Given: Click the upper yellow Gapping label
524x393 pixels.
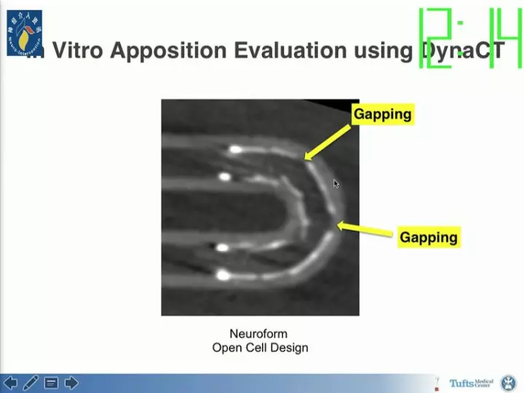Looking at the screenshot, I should [x=382, y=114].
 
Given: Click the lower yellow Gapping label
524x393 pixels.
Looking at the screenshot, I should [x=428, y=237].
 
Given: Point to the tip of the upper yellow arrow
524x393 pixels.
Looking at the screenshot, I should [x=306, y=158].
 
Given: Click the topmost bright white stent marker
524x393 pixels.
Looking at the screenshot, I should [x=234, y=150].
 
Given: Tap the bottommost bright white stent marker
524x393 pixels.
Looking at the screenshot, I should [x=223, y=275].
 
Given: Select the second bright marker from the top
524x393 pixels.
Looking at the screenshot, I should [x=225, y=177].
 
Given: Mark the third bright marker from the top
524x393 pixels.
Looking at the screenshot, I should [x=222, y=248].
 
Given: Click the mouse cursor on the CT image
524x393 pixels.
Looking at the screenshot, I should [x=336, y=184].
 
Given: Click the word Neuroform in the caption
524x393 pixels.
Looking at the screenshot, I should [x=258, y=334].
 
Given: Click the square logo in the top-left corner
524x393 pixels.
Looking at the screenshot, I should [x=24, y=33].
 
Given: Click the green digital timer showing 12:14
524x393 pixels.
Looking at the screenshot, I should [x=469, y=38].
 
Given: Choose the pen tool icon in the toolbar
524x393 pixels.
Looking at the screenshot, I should [x=31, y=383].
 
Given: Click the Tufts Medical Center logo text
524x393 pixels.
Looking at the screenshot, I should [x=471, y=383].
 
